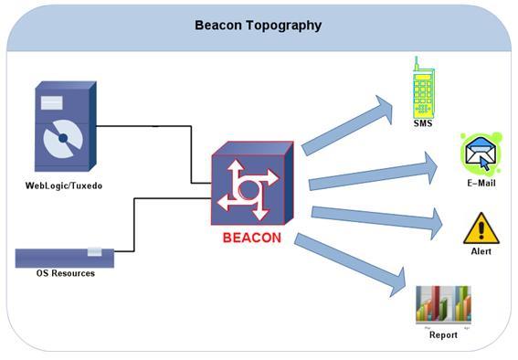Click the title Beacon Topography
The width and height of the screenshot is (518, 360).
tap(258, 25)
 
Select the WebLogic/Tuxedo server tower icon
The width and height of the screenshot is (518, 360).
tap(64, 129)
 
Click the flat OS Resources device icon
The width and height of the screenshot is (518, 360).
tap(65, 257)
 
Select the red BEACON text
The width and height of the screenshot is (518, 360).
tap(252, 238)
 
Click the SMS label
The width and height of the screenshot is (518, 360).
tap(422, 122)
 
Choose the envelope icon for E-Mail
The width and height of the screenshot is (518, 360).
tap(481, 154)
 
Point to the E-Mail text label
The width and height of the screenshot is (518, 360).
tap(481, 184)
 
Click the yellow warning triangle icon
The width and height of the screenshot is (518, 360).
tap(481, 228)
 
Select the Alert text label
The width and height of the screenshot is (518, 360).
tap(481, 251)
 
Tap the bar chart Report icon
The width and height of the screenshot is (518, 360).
tap(443, 305)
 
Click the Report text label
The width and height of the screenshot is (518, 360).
tap(443, 335)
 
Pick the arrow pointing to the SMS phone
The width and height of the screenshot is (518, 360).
tap(352, 123)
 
